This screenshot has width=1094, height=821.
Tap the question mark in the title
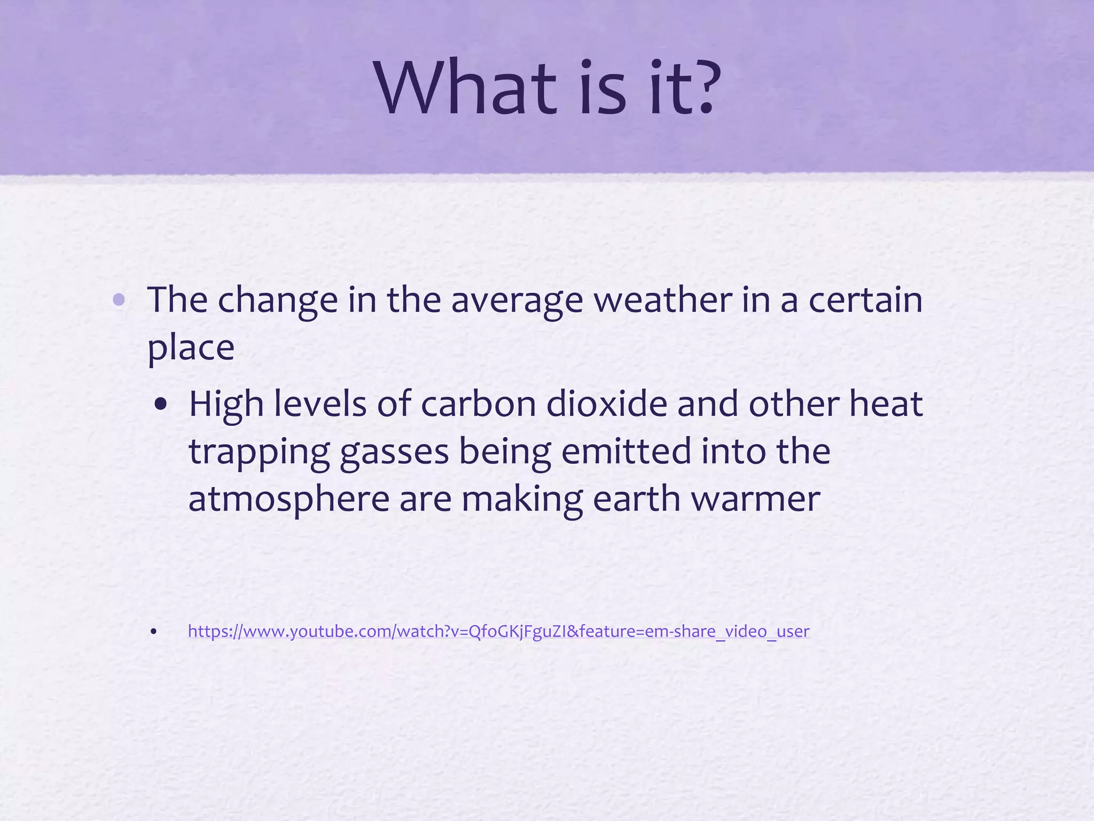pyautogui.click(x=700, y=88)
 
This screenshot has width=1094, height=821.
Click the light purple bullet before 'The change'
pyautogui.click(x=119, y=300)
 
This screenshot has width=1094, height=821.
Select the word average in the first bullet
pyautogui.click(x=517, y=301)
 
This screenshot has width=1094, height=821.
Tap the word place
pyautogui.click(x=191, y=348)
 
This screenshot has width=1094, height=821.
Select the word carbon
pyautogui.click(x=478, y=404)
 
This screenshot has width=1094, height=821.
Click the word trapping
pyautogui.click(x=259, y=452)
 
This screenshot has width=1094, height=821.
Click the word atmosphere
pyautogui.click(x=289, y=499)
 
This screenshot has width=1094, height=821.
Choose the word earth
pyautogui.click(x=636, y=499)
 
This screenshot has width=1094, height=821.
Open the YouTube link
pyautogui.click(x=498, y=631)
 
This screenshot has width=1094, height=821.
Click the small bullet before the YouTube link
pyautogui.click(x=154, y=632)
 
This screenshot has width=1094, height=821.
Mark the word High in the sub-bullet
pyautogui.click(x=226, y=404)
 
